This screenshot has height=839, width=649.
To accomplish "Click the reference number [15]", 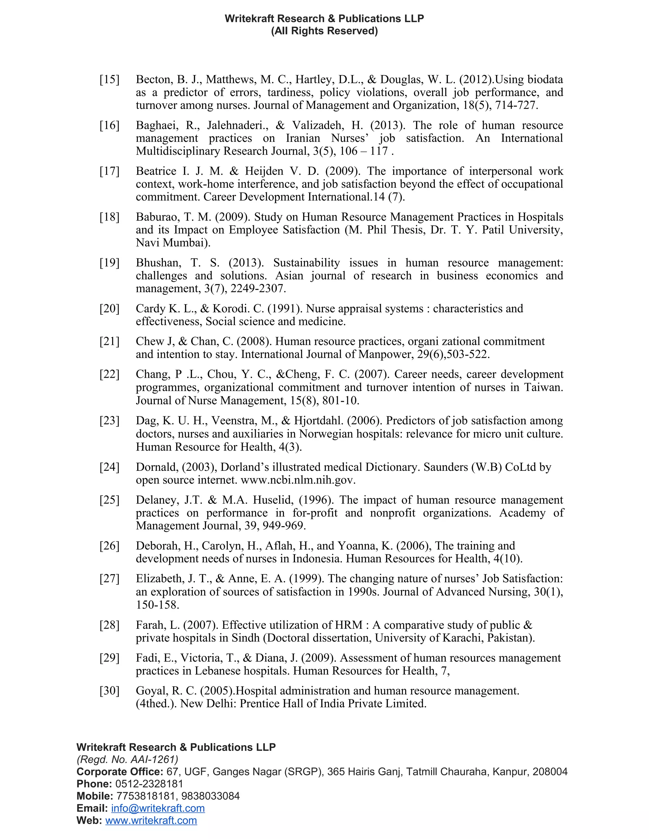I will coord(110,79).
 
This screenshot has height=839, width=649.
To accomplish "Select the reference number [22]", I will coord(110,374).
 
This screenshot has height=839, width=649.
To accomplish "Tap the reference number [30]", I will coord(110,691).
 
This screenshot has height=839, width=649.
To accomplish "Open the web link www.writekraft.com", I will coord(151,821).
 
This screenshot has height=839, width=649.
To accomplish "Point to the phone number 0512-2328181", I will coord(149,784).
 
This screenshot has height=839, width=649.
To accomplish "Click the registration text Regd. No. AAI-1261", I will coord(127,760).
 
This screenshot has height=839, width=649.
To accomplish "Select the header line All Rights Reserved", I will coord(324,31).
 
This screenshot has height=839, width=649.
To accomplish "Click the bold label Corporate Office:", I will coord(120,772).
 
